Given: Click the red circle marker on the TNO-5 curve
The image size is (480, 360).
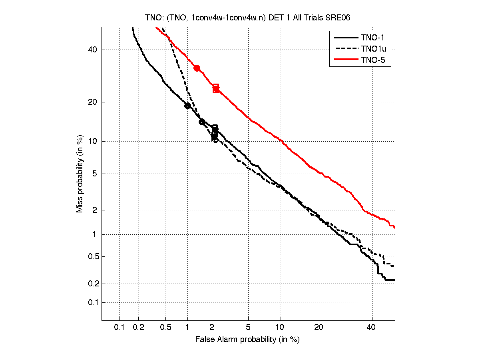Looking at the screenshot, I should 197,68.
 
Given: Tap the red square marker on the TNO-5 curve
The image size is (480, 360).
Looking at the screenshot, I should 216,88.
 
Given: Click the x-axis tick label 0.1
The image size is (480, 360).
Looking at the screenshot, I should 120,328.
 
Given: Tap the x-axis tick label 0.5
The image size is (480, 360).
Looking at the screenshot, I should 165,328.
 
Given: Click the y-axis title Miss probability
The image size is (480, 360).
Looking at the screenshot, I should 80,174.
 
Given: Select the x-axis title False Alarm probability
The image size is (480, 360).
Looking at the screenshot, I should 247,340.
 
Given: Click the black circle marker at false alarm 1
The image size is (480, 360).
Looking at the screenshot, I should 187,106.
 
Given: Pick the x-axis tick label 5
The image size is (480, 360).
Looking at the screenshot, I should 248,328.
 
